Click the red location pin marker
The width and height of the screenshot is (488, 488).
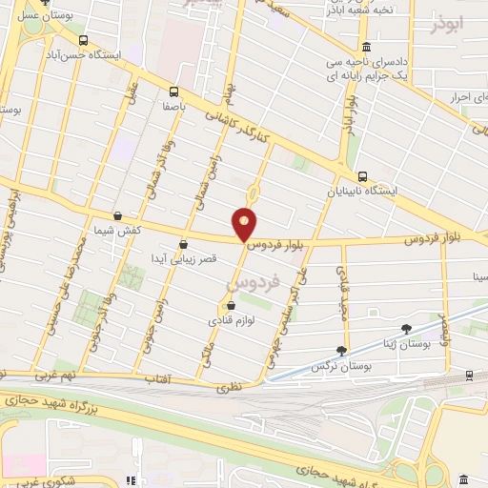(x=245, y=222)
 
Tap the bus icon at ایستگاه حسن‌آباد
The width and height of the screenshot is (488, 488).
(x=85, y=41)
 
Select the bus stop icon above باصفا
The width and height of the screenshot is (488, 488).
(x=173, y=92)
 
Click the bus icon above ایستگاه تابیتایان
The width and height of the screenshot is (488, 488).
(x=362, y=176)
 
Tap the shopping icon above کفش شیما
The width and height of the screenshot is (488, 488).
(x=117, y=217)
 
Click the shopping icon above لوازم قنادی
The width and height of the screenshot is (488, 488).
(x=231, y=305)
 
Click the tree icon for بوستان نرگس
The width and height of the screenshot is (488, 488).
(x=342, y=351)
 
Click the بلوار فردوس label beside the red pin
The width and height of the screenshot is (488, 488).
(x=286, y=243)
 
